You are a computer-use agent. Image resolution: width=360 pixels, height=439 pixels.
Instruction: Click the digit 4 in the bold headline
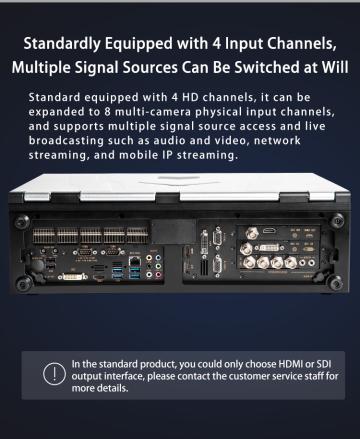(217, 43)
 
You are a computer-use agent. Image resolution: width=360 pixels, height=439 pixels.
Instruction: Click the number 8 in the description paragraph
(107, 112)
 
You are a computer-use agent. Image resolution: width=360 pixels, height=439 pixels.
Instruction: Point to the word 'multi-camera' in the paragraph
(153, 112)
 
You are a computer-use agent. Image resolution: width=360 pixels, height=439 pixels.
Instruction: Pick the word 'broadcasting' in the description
(66, 141)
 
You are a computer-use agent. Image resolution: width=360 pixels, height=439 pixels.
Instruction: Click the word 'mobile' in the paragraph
(138, 155)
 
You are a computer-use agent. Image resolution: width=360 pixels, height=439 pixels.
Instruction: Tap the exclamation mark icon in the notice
(54, 374)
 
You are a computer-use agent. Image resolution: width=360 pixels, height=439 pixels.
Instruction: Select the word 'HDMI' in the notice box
(290, 364)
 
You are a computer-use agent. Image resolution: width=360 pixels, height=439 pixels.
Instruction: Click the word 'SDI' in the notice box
(324, 364)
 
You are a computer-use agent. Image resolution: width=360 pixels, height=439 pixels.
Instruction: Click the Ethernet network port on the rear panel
(135, 262)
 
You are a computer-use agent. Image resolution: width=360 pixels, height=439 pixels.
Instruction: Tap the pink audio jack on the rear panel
(158, 275)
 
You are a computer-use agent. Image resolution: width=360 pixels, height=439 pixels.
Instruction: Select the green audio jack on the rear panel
(158, 266)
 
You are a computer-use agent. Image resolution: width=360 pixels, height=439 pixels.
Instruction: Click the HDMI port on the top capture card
(269, 231)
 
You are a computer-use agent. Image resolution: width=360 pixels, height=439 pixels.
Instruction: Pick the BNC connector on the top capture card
(252, 233)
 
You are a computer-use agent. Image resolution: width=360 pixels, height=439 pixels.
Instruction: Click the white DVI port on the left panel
(73, 277)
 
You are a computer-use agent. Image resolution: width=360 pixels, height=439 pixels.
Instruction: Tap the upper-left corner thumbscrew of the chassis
(22, 222)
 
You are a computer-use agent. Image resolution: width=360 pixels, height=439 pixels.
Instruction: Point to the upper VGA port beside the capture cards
(218, 237)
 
